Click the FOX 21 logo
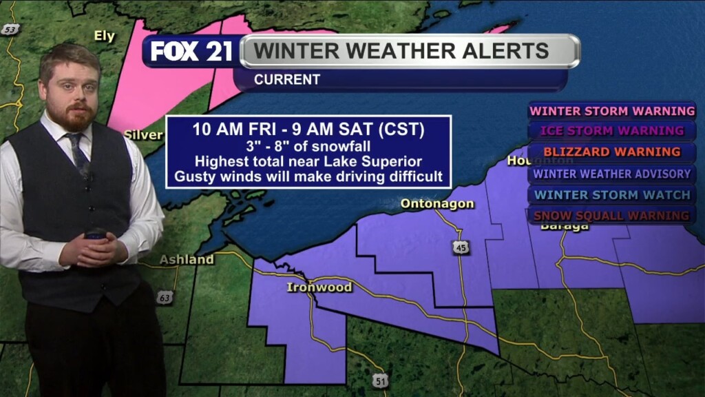tap(192, 52)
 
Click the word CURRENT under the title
tap(287, 80)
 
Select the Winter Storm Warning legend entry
tap(612, 110)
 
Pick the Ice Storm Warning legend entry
tap(612, 130)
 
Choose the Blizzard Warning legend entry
tap(612, 152)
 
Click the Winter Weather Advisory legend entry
tap(612, 174)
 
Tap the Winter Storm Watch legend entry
tap(612, 195)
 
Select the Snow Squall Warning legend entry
tap(612, 216)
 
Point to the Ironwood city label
tap(319, 287)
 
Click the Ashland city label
tap(187, 260)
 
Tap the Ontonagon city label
tap(437, 204)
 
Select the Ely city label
tap(105, 37)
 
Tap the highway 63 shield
tap(164, 298)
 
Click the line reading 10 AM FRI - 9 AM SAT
tap(308, 130)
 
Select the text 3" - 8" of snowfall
tap(308, 146)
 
